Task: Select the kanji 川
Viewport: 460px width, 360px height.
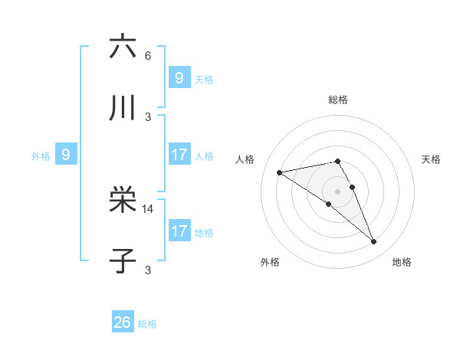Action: tap(123, 108)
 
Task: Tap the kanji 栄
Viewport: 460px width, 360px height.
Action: tap(123, 200)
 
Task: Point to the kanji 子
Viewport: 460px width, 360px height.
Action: tap(123, 260)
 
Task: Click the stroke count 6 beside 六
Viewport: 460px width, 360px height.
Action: tap(148, 56)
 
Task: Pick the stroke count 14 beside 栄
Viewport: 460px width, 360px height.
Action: tap(149, 208)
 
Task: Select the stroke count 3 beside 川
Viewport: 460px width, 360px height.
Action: tap(148, 116)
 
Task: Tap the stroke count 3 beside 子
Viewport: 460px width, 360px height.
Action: tap(148, 270)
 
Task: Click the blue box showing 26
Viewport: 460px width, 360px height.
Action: tap(123, 322)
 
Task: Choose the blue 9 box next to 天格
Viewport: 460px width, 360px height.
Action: tap(179, 78)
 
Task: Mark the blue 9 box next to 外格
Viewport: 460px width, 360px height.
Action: tap(66, 155)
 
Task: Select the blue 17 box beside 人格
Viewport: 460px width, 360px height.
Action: tap(179, 155)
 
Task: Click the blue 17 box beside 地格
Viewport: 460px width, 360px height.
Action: tap(179, 231)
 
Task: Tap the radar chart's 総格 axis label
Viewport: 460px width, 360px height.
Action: tap(338, 100)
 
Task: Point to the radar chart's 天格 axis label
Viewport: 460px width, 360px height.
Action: tap(431, 159)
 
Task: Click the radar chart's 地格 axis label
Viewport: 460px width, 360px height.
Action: tap(402, 262)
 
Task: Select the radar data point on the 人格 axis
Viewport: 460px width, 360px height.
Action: tap(280, 172)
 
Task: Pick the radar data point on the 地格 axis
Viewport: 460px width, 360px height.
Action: tap(373, 242)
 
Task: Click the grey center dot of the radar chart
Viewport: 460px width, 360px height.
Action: tap(337, 191)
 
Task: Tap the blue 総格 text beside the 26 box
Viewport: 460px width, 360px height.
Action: tap(147, 324)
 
